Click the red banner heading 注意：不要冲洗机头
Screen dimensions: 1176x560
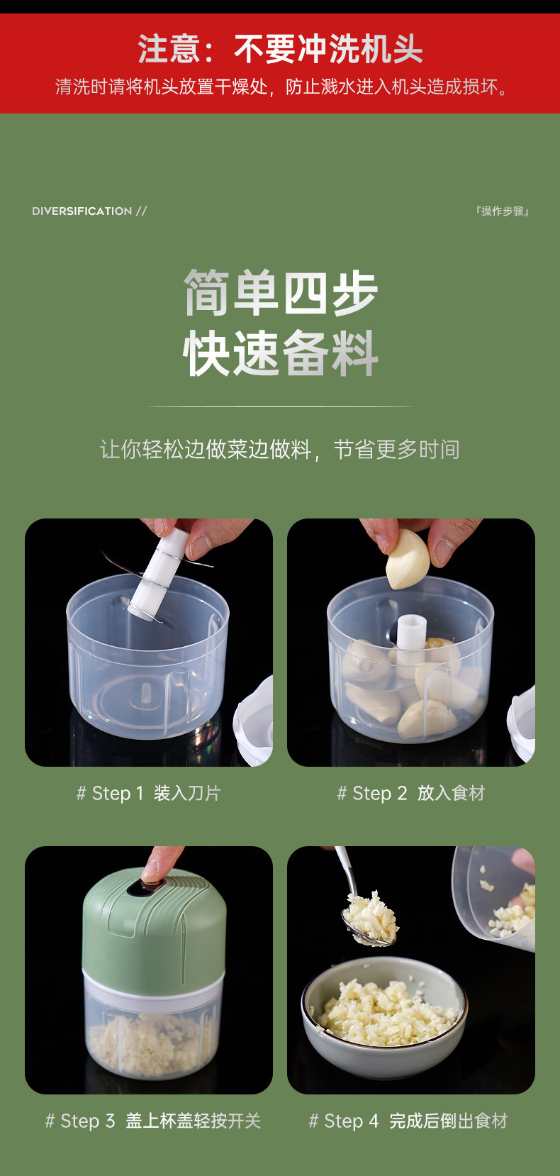pyautogui.click(x=280, y=49)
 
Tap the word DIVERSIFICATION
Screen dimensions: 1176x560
pyautogui.click(x=82, y=211)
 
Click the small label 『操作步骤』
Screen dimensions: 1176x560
pyautogui.click(x=503, y=211)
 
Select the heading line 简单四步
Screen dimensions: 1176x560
pyautogui.click(x=280, y=292)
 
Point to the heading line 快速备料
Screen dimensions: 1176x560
pyautogui.click(x=280, y=353)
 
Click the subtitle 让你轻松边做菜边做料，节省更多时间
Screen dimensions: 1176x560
pyautogui.click(x=280, y=449)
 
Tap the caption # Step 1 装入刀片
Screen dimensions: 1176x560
pyautogui.click(x=149, y=793)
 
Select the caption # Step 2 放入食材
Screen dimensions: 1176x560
pyautogui.click(x=411, y=793)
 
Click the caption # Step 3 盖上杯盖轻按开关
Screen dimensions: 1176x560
pyautogui.click(x=153, y=1121)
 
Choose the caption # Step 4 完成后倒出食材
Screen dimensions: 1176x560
pyautogui.click(x=408, y=1121)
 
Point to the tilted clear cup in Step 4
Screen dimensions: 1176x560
pyautogui.click(x=496, y=897)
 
